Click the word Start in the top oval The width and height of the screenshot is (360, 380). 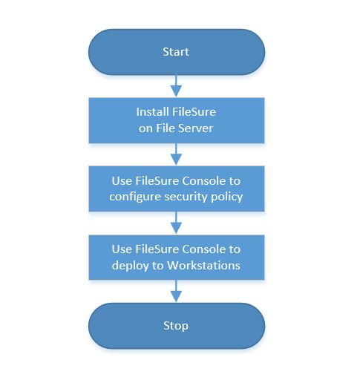[176, 52]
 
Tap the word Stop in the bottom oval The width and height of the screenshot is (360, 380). [176, 326]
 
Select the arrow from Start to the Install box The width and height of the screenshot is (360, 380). [176, 85]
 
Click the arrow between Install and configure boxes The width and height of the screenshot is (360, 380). [176, 154]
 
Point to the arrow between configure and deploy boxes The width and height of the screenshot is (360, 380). [176, 223]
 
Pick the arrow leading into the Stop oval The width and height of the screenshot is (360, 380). [176, 291]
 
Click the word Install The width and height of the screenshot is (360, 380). [153, 112]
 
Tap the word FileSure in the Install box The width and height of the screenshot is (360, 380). [194, 112]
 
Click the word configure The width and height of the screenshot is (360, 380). [135, 197]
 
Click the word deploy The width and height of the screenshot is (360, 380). [130, 266]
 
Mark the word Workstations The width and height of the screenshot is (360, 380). [203, 265]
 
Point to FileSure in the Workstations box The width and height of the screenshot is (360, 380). [157, 249]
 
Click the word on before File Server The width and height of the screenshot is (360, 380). [145, 128]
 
